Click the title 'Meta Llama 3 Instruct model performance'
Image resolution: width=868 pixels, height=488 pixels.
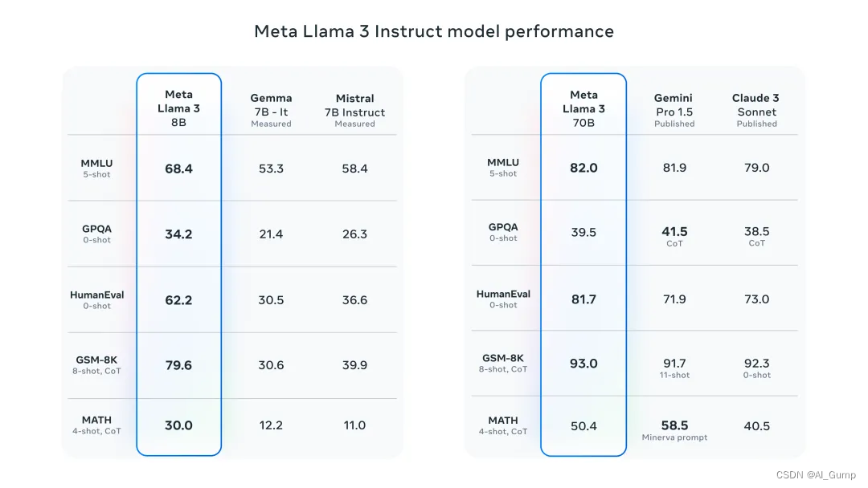[x=434, y=31]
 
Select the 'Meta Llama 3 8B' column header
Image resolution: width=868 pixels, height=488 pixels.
[x=178, y=108]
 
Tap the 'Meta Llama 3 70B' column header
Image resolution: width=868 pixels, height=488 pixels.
[x=583, y=108]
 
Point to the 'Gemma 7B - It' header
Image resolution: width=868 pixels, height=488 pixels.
[x=271, y=110]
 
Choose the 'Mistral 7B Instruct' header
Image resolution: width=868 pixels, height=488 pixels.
[x=354, y=110]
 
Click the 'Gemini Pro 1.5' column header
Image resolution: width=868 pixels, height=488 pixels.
[x=674, y=110]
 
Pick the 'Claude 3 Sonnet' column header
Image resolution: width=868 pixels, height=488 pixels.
[x=756, y=110]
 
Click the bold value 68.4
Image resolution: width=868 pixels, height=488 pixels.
[x=178, y=169]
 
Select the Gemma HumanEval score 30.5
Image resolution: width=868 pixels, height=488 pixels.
[x=271, y=300]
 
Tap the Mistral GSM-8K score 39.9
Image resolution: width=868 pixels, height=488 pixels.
[x=354, y=365]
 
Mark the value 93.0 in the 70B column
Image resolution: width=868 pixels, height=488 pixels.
[x=583, y=364]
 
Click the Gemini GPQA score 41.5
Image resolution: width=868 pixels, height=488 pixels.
[x=674, y=232]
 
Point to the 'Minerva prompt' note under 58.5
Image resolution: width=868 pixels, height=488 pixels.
[x=674, y=437]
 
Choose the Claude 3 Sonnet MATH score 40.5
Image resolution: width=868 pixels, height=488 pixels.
[x=756, y=426]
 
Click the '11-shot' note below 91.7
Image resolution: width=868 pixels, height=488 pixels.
[x=674, y=375]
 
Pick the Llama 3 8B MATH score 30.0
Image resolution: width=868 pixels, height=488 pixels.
[x=178, y=425]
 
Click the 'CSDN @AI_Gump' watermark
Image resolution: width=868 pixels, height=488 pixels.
[x=816, y=474]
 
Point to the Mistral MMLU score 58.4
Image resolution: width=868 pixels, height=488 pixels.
[x=354, y=169]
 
